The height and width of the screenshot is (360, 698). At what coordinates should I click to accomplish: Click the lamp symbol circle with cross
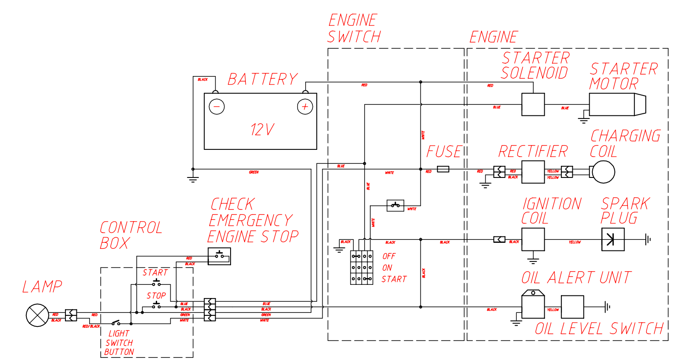coord(37,315)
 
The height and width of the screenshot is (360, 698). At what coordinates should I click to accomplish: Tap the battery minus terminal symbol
coord(217,106)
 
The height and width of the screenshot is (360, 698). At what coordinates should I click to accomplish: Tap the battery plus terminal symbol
coord(305,107)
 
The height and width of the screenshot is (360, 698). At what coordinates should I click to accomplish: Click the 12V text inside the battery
coord(262,129)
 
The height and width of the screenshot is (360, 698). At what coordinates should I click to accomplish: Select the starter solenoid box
coord(533,104)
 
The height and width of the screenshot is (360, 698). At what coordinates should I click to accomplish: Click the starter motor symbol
coord(617,104)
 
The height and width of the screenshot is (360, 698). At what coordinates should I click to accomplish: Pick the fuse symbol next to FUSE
coord(443,169)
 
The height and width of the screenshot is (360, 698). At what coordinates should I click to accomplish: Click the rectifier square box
coord(533,172)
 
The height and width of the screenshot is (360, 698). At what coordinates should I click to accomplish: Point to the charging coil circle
coord(603,172)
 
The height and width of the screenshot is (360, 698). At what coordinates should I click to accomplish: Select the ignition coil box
coord(533,239)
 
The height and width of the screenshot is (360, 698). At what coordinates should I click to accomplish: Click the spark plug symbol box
coord(613,239)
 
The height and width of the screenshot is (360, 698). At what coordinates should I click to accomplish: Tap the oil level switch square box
coord(572,307)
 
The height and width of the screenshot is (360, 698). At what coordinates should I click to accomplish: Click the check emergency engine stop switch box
coord(219,256)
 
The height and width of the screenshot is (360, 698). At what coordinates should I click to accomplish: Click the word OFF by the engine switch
coord(388,256)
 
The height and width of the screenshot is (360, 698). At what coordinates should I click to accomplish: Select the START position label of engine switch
coord(394,279)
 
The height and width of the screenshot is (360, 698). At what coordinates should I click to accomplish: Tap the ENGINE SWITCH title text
coord(354,28)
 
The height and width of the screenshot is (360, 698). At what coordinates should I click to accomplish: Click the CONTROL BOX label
coord(131,235)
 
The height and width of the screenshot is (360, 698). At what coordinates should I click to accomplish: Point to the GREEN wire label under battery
coord(253,172)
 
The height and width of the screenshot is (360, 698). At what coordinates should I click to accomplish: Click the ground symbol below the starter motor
coord(584,119)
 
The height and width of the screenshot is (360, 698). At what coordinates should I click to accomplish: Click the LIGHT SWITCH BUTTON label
coord(119,343)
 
